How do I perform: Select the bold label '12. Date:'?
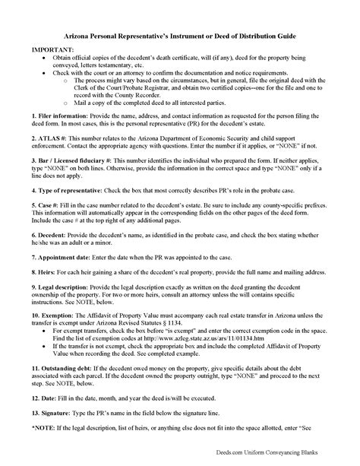pyautogui.click(x=46, y=417)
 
